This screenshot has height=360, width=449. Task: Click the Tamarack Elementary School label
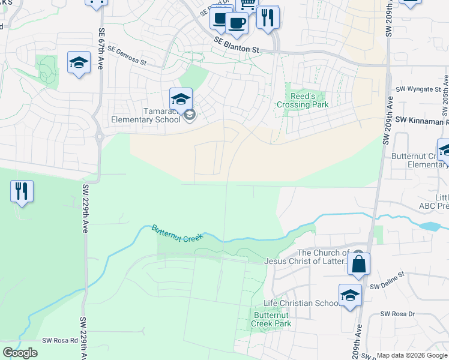coord(145,115)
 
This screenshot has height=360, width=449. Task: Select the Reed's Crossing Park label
coord(303,100)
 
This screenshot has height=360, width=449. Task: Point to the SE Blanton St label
coord(239,46)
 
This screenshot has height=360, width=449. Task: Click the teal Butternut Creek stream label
coord(177,233)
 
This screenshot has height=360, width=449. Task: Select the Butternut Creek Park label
coord(272,319)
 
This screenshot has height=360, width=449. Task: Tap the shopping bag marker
coord(358,264)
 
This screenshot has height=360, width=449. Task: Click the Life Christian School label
coord(301,303)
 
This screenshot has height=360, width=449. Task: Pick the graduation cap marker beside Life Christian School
coord(350,296)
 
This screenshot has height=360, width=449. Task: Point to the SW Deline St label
coord(388,287)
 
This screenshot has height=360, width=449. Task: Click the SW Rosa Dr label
coord(398,314)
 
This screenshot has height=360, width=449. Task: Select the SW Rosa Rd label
coord(60,340)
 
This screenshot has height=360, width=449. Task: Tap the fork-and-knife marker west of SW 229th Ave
coord(22,192)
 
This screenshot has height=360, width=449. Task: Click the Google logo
coord(20,353)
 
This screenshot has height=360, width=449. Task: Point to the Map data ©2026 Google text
coord(412,355)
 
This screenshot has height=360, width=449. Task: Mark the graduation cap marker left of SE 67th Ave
coord(79,63)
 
